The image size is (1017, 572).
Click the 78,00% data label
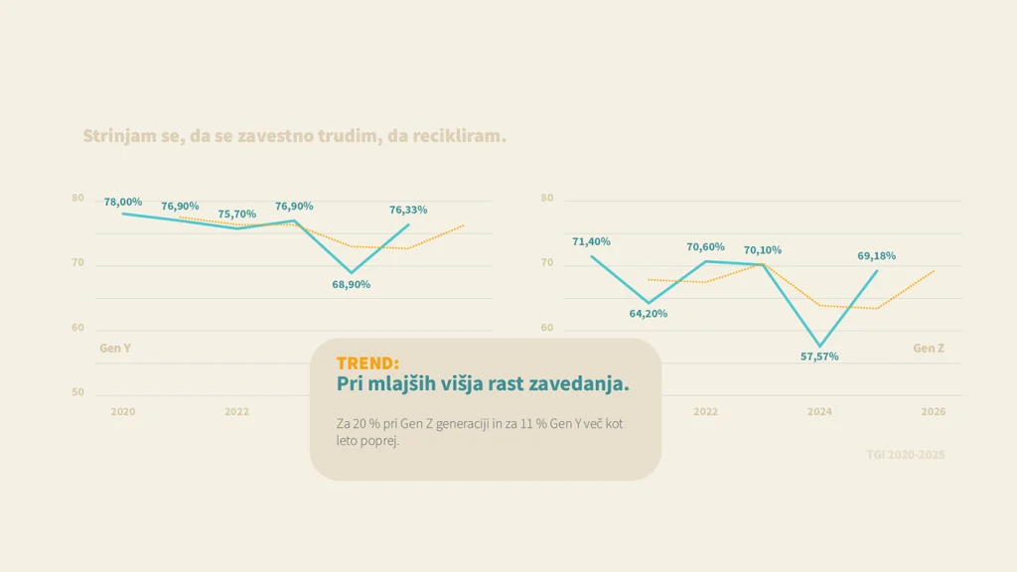click(123, 202)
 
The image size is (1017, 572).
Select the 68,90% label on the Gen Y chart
click(351, 284)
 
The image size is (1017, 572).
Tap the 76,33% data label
click(408, 210)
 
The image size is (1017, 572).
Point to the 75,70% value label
click(237, 214)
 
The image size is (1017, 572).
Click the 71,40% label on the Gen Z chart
click(591, 241)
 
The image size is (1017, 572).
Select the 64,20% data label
click(649, 314)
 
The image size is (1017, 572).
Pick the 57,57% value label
click(819, 357)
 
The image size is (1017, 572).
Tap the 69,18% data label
click(876, 256)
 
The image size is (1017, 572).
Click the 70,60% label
click(705, 247)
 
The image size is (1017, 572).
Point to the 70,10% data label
click(763, 250)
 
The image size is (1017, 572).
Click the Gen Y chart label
click(115, 349)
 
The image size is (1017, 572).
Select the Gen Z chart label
click(929, 349)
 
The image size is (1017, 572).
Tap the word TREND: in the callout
click(367, 363)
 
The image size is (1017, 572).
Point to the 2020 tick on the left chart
click(123, 411)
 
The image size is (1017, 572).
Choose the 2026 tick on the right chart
click(933, 411)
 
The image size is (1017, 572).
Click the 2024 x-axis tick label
click(819, 411)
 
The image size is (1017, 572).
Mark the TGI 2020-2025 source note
click(905, 455)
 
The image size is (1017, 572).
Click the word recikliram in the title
click(458, 136)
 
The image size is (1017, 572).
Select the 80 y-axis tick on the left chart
click(77, 199)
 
